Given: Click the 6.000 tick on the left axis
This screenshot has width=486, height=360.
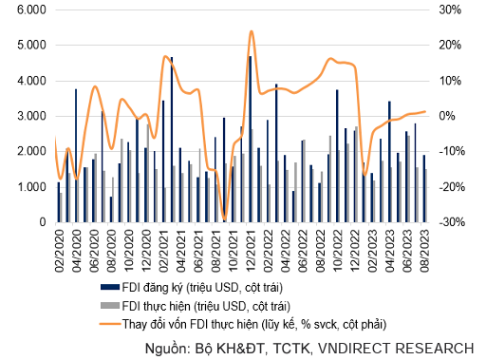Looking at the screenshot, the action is (31, 9).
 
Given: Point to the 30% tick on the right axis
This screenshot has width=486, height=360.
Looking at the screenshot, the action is (450, 9).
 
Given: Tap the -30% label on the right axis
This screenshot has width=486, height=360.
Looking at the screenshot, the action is (452, 222).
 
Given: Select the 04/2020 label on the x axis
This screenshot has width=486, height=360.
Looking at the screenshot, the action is (77, 251).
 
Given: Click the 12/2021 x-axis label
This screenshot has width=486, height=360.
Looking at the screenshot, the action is (251, 251).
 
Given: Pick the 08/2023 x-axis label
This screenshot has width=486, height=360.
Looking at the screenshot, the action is (424, 251).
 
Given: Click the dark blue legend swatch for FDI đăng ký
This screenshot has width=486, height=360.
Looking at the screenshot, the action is (110, 287).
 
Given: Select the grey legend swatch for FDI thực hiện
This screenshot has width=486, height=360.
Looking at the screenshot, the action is (110, 306).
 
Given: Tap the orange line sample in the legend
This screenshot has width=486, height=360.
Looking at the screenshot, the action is (110, 324).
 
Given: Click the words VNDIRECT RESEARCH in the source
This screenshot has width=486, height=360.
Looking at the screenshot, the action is (396, 349).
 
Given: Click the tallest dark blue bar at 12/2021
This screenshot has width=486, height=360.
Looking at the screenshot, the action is (250, 140).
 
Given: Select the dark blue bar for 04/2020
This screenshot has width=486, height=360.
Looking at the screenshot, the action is (76, 156).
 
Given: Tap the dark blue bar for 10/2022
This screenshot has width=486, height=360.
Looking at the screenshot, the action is (337, 156).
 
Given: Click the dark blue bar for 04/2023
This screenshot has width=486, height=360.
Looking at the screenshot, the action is (389, 161).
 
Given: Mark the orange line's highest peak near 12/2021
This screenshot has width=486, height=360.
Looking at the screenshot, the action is (252, 31).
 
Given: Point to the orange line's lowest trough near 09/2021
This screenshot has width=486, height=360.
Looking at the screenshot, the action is (224, 219).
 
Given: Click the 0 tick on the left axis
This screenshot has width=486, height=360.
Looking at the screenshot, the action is (43, 222).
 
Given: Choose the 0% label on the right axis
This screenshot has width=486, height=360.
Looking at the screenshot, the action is (447, 116).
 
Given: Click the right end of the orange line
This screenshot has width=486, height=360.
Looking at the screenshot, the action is (425, 111).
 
